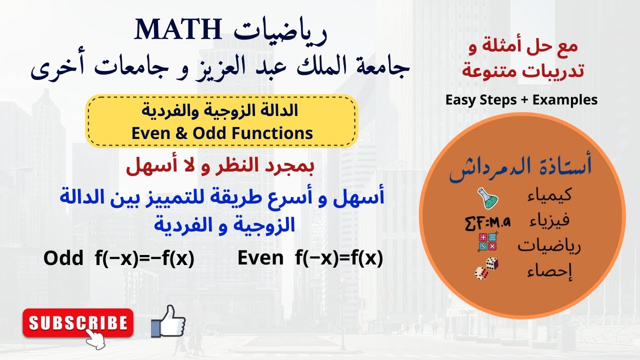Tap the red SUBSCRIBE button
pyautogui.click(x=78, y=322)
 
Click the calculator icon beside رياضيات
pyautogui.click(x=487, y=242)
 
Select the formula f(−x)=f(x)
pyautogui.click(x=338, y=258)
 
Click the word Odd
pyautogui.click(x=63, y=258)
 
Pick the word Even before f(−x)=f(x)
pyautogui.click(x=260, y=258)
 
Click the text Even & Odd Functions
pyautogui.click(x=222, y=133)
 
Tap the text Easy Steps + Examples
pyautogui.click(x=521, y=100)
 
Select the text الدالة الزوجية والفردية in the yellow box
pyautogui.click(x=222, y=111)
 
